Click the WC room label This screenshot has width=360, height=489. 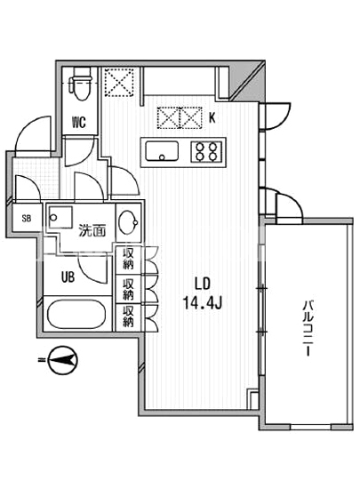79,123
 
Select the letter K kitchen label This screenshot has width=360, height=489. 212,118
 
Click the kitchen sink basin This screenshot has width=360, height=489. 162,151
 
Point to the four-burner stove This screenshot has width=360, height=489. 207,151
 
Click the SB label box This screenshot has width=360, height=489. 27,218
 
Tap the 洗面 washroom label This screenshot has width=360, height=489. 92,230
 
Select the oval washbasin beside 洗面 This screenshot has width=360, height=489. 128,222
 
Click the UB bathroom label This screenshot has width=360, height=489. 68,277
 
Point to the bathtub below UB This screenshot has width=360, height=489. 76,314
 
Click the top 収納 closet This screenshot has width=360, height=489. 128,259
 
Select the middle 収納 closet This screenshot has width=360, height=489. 128,289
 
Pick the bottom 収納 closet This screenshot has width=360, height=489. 128,317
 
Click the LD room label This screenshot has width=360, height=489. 203,284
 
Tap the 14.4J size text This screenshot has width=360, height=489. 203,302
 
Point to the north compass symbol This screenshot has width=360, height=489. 63,360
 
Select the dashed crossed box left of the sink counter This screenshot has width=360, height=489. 119,82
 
